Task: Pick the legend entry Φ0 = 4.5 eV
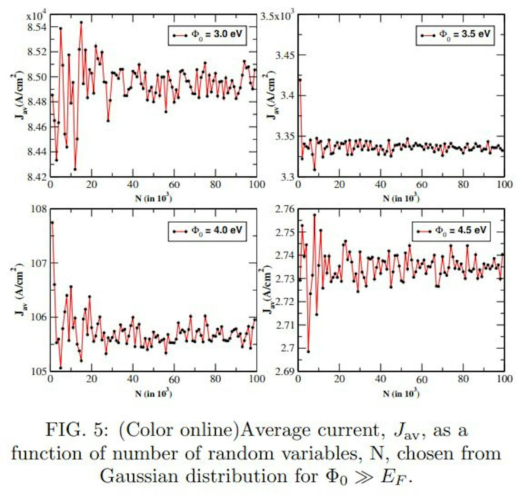coord(452,230)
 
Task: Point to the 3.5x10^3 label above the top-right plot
coord(279,16)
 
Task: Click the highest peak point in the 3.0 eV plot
coord(81,22)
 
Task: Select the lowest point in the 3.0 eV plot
coord(75,169)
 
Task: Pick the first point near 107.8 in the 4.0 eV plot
coord(52,223)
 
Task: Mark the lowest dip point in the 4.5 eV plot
coord(308,351)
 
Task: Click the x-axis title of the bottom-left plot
coord(154,393)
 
